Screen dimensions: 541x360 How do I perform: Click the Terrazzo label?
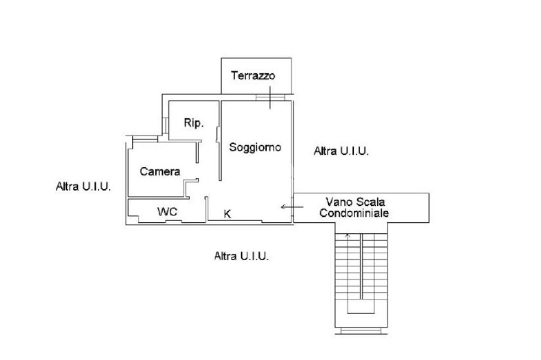(253, 75)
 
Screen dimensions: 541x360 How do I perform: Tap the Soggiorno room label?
(255, 147)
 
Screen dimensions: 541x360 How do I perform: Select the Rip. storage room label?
(193, 123)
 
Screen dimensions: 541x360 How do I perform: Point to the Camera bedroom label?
(160, 171)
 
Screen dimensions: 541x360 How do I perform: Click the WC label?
(167, 212)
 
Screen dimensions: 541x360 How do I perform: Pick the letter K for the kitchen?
(227, 214)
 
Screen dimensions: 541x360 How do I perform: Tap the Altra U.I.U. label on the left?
(83, 186)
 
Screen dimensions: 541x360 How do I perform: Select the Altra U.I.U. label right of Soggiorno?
(341, 151)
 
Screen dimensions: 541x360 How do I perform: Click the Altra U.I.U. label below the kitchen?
(241, 257)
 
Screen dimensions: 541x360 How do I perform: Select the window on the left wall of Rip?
(165, 126)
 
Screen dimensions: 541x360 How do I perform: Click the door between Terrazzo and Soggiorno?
(269, 97)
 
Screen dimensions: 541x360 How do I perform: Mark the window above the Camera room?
(145, 138)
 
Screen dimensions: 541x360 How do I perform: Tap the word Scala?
(370, 202)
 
